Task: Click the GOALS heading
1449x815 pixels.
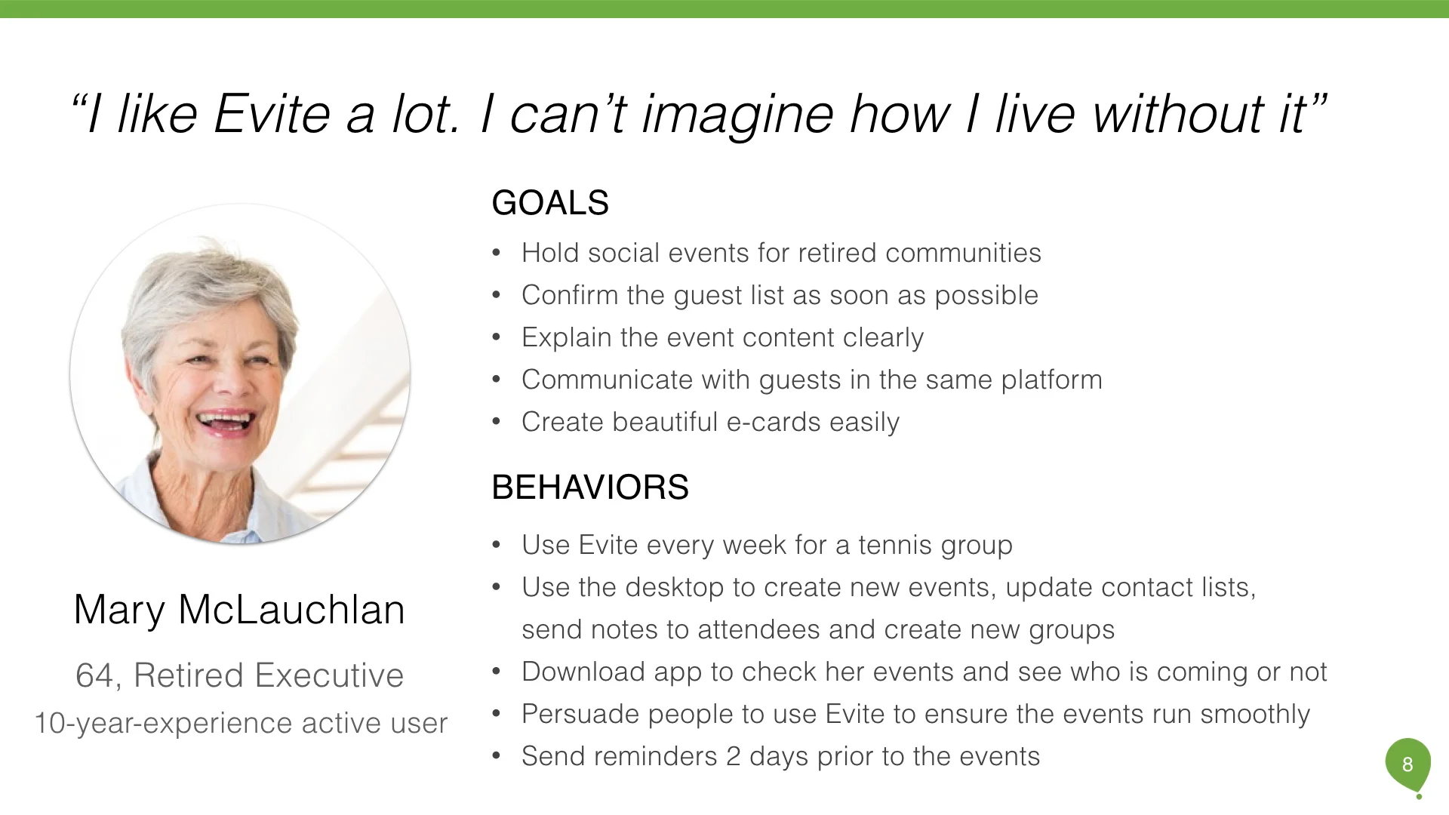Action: [550, 203]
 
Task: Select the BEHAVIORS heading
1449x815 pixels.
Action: [590, 487]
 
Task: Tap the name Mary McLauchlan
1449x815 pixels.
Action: [239, 610]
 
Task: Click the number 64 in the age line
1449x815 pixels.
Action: [94, 675]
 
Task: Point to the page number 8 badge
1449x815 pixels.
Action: [1407, 764]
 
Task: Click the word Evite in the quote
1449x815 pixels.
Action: [272, 115]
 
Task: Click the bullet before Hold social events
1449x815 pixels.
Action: [496, 254]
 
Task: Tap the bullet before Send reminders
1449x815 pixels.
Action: [496, 757]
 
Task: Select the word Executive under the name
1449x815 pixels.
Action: [329, 675]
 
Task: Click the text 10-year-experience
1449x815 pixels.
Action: [164, 723]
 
